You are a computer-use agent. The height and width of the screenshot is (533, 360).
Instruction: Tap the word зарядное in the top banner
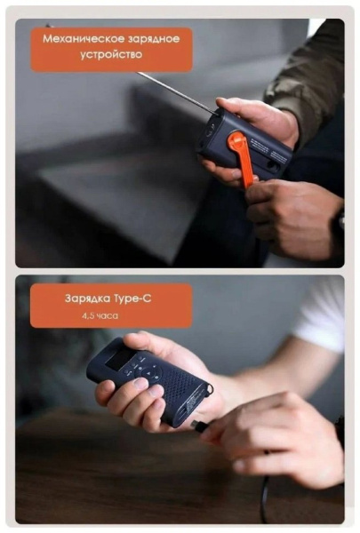[154, 39]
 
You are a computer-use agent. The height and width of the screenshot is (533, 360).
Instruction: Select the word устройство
[113, 55]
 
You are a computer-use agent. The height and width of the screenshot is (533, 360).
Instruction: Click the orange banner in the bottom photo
[111, 306]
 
